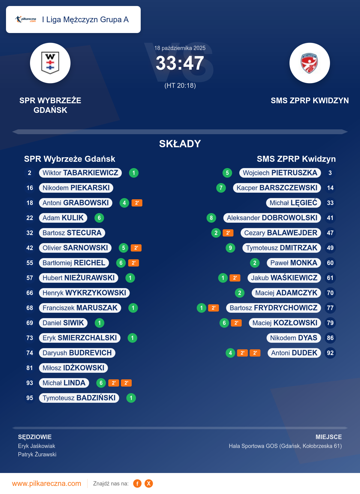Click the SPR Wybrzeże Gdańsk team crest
[50, 63]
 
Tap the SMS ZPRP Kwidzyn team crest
[310, 63]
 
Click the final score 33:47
[180, 63]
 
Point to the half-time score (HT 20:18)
[180, 86]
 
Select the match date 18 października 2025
[180, 48]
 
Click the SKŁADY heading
[180, 144]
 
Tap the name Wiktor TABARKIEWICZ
[80, 173]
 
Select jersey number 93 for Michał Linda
[30, 383]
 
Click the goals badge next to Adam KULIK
[99, 218]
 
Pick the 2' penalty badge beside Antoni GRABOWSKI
[137, 203]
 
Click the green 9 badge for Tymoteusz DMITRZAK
[230, 248]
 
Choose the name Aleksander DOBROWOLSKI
[272, 218]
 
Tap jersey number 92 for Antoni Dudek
[330, 353]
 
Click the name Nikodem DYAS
[293, 338]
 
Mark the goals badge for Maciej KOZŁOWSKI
[224, 323]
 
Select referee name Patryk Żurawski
[37, 454]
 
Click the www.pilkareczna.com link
[46, 483]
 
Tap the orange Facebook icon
[137, 483]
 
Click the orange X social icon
[149, 483]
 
